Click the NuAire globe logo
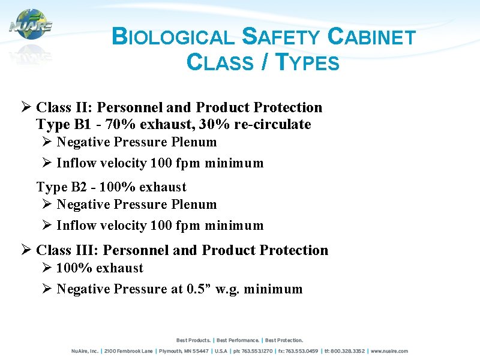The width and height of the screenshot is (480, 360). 31,25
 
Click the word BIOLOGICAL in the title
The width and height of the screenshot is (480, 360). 173,38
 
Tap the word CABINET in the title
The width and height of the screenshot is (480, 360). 372,38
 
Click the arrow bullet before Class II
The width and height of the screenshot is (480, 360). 26,107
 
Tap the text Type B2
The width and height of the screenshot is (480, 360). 59,187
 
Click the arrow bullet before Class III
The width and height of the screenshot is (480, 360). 26,250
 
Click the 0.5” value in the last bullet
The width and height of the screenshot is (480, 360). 200,289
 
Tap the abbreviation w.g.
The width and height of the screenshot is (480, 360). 229,289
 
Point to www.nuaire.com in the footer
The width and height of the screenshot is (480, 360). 389,351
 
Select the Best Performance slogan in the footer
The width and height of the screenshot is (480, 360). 238,340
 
